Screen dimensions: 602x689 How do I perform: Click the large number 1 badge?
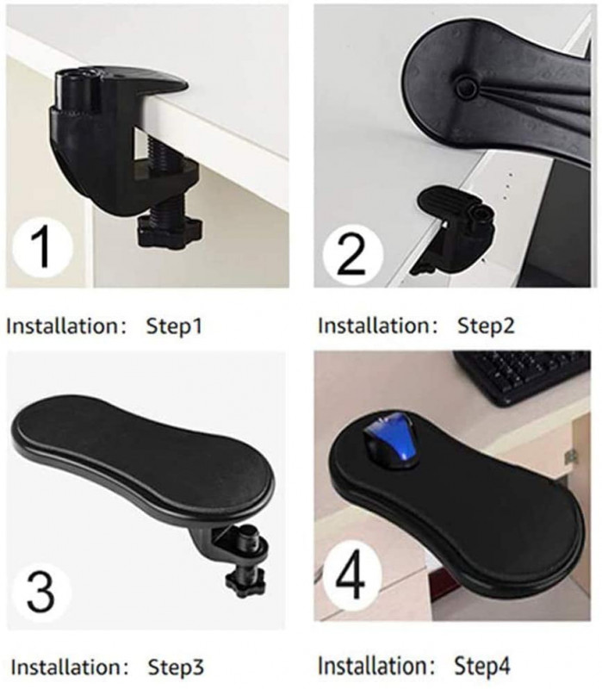pyautogui.click(x=42, y=247)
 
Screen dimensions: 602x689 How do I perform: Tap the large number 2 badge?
pyautogui.click(x=353, y=254)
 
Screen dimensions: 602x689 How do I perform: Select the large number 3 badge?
pyautogui.click(x=40, y=592)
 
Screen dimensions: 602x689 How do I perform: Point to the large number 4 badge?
pyautogui.click(x=351, y=575)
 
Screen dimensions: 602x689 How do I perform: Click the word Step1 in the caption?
pyautogui.click(x=174, y=326)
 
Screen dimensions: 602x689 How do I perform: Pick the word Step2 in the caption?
pyautogui.click(x=486, y=326)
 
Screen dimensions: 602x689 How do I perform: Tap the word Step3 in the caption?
pyautogui.click(x=176, y=667)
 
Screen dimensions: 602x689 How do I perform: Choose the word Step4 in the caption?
pyautogui.click(x=482, y=666)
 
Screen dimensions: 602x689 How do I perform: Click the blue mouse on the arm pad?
pyautogui.click(x=391, y=440)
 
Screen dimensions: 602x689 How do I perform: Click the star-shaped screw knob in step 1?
pyautogui.click(x=170, y=231)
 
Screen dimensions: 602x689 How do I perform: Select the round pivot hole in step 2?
pyautogui.click(x=466, y=87)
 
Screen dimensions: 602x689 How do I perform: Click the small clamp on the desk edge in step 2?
pyautogui.click(x=455, y=229)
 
